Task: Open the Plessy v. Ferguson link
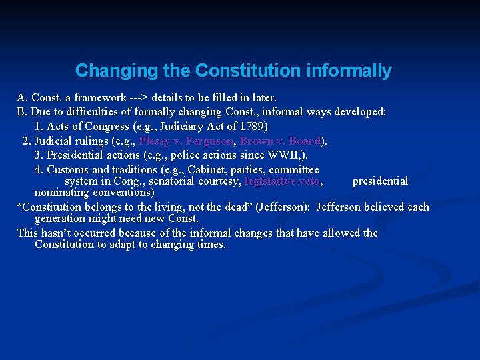pos(186,141)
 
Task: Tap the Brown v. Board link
pos(280,141)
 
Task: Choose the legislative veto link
pos(283,181)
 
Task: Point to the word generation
pos(64,219)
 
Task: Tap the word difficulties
pos(98,112)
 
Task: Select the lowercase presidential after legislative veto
pos(380,181)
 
